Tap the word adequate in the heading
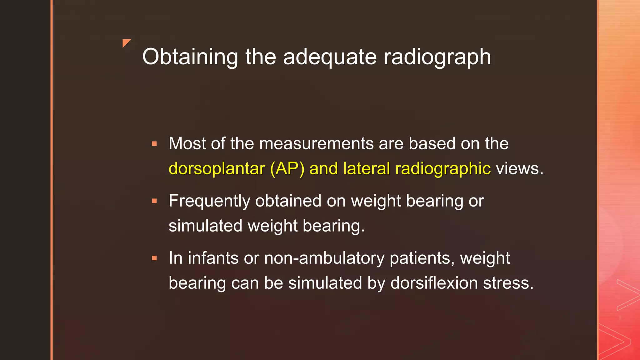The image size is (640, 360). pyautogui.click(x=330, y=57)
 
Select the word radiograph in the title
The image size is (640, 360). pyautogui.click(x=437, y=57)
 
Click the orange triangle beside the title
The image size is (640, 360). pyautogui.click(x=126, y=43)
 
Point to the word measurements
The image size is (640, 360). pyautogui.click(x=316, y=143)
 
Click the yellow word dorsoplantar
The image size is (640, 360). pyautogui.click(x=217, y=169)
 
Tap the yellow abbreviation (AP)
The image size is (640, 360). pyautogui.click(x=287, y=169)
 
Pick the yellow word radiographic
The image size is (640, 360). pyautogui.click(x=443, y=169)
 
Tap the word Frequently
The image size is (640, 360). pyautogui.click(x=209, y=201)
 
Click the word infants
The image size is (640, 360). pyautogui.click(x=213, y=258)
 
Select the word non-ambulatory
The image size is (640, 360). pyautogui.click(x=324, y=258)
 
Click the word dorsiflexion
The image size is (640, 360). pyautogui.click(x=434, y=283)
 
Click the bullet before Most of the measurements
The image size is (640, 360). pyautogui.click(x=154, y=144)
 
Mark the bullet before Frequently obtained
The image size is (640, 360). pyautogui.click(x=154, y=201)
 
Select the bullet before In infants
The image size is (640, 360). pyautogui.click(x=154, y=258)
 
